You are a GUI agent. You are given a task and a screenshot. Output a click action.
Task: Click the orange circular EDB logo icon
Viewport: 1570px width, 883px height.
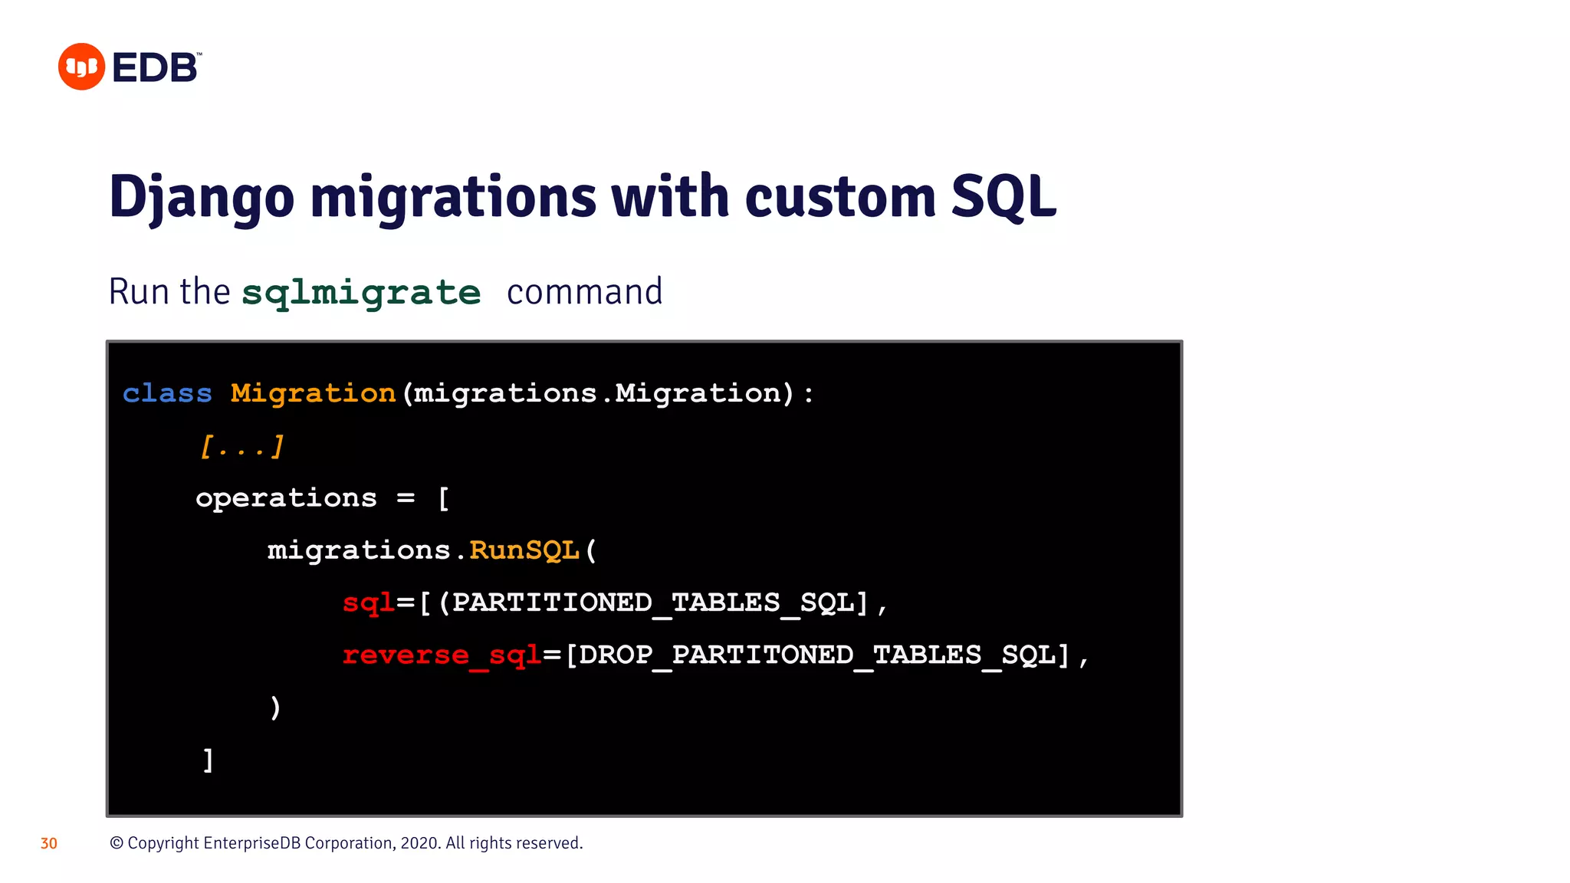pyautogui.click(x=81, y=67)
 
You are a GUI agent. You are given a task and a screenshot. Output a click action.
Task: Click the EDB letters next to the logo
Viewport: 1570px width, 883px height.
pyautogui.click(x=156, y=67)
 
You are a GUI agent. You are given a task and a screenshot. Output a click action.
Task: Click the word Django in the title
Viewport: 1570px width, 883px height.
pyautogui.click(x=202, y=198)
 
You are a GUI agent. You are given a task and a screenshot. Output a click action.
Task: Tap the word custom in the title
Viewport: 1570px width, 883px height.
pyautogui.click(x=839, y=198)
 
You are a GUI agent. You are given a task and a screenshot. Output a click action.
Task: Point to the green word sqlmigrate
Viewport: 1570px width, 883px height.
pyautogui.click(x=361, y=293)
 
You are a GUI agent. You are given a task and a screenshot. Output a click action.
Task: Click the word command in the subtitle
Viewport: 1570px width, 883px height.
pyautogui.click(x=584, y=292)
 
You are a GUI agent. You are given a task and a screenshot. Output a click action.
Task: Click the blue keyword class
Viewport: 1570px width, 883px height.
pyautogui.click(x=167, y=393)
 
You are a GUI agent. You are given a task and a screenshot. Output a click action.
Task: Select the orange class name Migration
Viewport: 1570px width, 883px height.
pyautogui.click(x=313, y=393)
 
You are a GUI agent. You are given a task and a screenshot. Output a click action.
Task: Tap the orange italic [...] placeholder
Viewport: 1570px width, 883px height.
pyautogui.click(x=241, y=446)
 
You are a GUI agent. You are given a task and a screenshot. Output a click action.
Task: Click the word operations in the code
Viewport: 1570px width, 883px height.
pyautogui.click(x=286, y=498)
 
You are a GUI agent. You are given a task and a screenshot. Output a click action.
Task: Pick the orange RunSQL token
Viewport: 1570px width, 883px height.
pyautogui.click(x=524, y=550)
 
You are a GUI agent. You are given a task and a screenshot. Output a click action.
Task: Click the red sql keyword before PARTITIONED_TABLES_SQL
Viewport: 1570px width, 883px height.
pyautogui.click(x=368, y=603)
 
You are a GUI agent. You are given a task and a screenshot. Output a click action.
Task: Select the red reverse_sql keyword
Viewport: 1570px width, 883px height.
pyautogui.click(x=442, y=655)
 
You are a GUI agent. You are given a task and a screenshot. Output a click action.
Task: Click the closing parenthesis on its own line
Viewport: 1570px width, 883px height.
pyautogui.click(x=275, y=707)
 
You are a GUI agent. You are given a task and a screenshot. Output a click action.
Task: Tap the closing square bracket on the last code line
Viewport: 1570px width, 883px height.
pyautogui.click(x=208, y=760)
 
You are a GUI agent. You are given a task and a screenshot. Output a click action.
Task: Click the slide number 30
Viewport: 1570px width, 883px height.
pyautogui.click(x=49, y=844)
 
